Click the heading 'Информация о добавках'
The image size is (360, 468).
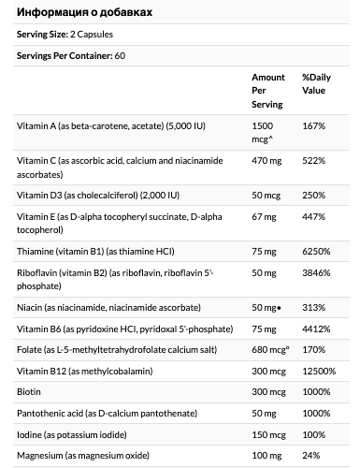84,12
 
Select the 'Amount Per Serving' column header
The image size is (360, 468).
268,91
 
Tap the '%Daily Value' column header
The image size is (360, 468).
316,83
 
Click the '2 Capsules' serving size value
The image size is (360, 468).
92,34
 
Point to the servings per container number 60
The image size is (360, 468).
120,55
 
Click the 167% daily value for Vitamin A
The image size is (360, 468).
313,125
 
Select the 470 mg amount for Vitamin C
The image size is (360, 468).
266,161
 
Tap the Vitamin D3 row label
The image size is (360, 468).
98,196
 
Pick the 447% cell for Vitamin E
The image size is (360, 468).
313,216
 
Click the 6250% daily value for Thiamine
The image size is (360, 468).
316,251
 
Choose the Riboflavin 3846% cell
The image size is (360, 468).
316,273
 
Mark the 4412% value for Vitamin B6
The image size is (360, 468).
316,329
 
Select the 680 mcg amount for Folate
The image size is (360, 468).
270,350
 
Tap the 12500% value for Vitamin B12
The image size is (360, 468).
319,371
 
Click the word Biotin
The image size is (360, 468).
29,391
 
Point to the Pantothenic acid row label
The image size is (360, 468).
107,414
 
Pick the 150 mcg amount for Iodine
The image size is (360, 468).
268,435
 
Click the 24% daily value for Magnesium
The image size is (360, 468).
310,456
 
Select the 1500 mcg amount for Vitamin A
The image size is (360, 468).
263,132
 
